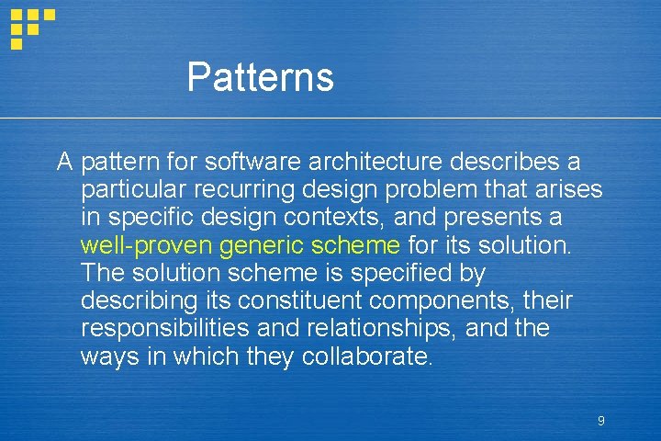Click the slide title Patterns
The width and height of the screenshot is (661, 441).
tap(260, 77)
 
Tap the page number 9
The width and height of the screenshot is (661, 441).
tap(600, 421)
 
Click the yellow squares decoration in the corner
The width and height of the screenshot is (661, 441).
tap(30, 27)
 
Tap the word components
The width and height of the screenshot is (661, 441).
tap(444, 300)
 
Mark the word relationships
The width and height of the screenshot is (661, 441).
tap(394, 328)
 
